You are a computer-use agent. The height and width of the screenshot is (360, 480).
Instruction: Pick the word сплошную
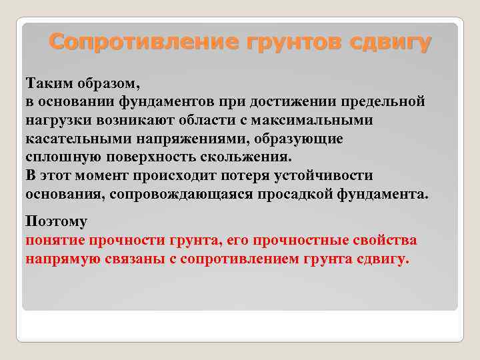(56, 157)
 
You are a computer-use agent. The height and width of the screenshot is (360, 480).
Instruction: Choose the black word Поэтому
(56, 221)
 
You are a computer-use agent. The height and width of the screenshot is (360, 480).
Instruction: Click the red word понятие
(55, 239)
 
